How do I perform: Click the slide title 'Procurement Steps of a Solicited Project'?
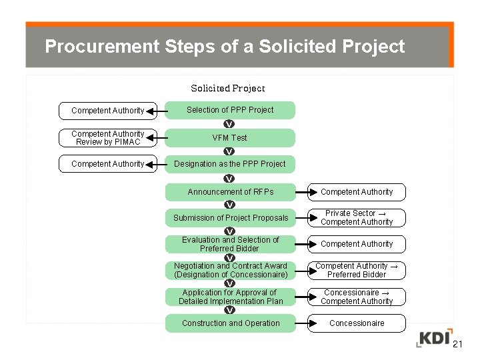point(224,47)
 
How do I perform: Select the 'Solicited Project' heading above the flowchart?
point(228,88)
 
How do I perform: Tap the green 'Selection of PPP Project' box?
point(229,110)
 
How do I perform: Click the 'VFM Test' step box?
point(229,138)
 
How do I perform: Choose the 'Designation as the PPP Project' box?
point(229,164)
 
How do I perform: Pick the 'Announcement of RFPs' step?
point(230,192)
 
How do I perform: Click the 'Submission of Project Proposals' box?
point(231,218)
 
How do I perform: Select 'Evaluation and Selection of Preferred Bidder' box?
point(230,244)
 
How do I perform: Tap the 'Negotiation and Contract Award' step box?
point(230,270)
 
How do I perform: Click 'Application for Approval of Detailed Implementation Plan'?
point(230,297)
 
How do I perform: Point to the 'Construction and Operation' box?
point(231,323)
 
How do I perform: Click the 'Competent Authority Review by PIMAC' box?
point(107,138)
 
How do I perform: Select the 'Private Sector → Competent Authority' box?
point(357,218)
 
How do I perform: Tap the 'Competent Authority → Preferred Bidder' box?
point(357,270)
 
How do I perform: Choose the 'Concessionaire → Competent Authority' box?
point(357,297)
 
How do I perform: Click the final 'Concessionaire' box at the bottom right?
point(357,323)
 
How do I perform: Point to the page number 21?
point(457,345)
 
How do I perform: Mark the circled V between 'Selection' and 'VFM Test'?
point(229,124)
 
